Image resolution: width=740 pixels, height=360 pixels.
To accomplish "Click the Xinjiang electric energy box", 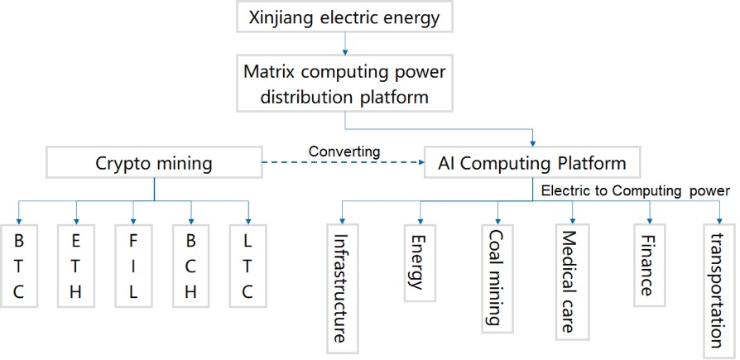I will [344, 16].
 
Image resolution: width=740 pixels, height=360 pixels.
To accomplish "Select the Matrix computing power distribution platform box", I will [344, 84].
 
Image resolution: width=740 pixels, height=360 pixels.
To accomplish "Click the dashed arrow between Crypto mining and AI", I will [343, 163].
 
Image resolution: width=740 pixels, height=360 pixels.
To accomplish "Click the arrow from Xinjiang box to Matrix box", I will [344, 42].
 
